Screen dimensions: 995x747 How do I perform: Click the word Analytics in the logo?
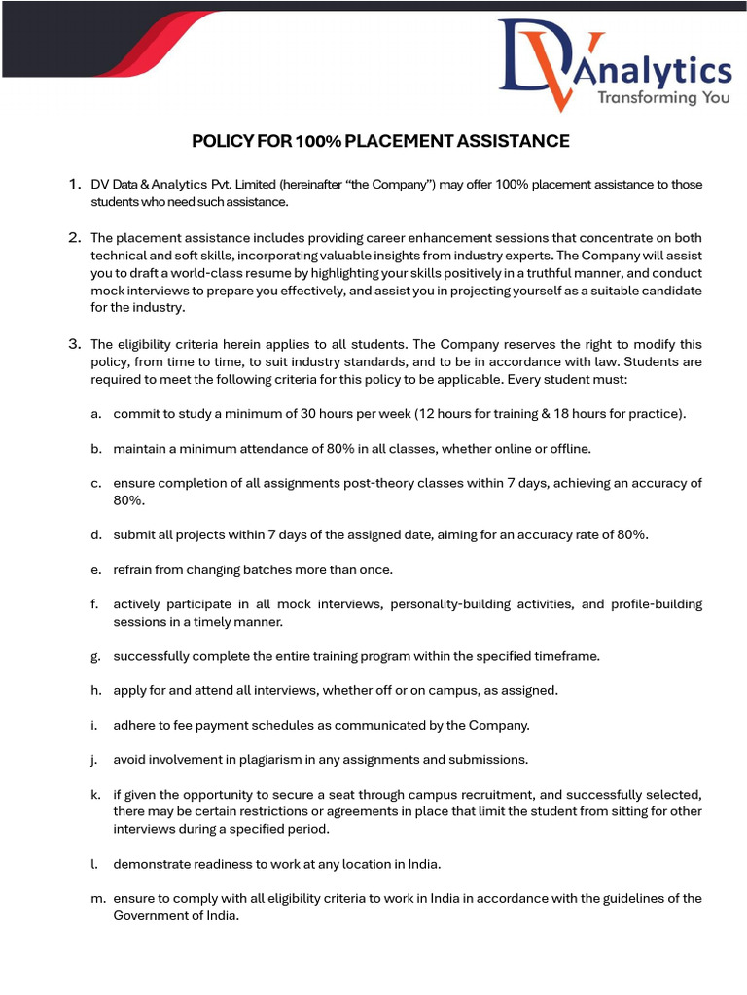click(663, 70)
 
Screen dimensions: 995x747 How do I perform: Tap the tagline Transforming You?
click(660, 98)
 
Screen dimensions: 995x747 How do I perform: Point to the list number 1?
click(74, 184)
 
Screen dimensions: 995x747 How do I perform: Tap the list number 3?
click(74, 344)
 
